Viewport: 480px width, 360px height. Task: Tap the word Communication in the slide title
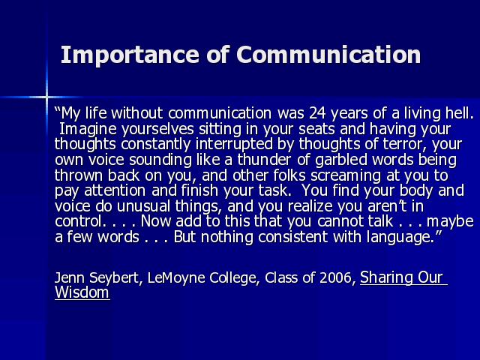[328, 55]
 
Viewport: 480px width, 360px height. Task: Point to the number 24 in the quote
[317, 113]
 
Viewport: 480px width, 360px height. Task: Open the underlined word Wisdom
[82, 292]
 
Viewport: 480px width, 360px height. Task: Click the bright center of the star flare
[46, 97]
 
